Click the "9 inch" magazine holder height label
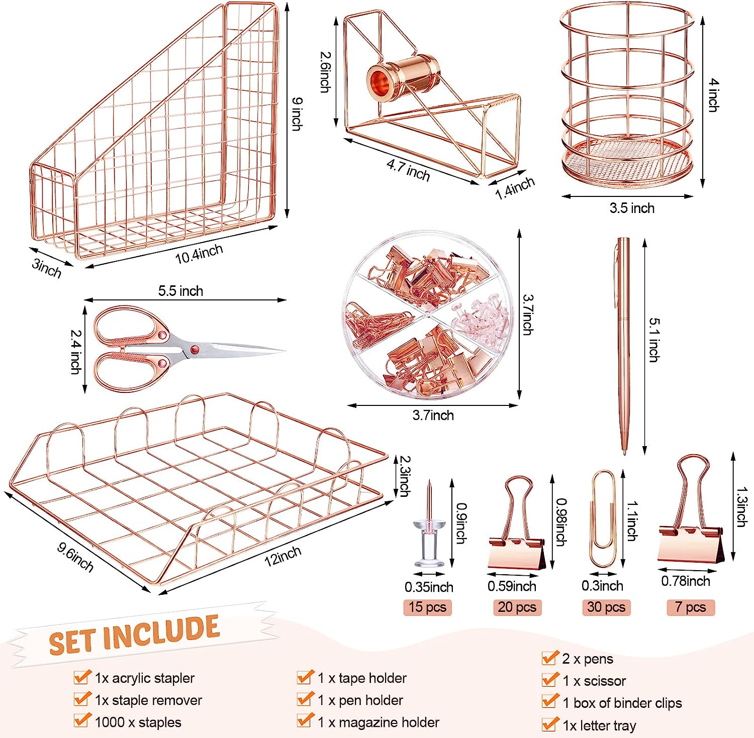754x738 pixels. [297, 114]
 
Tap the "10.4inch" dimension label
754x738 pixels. [199, 254]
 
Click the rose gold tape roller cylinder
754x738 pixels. [403, 77]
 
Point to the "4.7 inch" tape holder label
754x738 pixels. [408, 170]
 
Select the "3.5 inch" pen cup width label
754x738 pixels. [632, 208]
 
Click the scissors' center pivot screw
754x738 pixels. [194, 349]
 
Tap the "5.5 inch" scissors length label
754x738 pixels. [180, 291]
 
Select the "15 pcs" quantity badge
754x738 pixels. [427, 607]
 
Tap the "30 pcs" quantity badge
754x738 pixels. [606, 607]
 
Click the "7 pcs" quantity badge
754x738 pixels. [691, 607]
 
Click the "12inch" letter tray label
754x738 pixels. [282, 556]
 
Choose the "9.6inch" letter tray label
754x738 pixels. [75, 557]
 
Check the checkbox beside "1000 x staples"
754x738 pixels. [82, 720]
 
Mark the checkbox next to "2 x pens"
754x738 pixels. [550, 658]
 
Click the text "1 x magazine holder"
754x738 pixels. [379, 722]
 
